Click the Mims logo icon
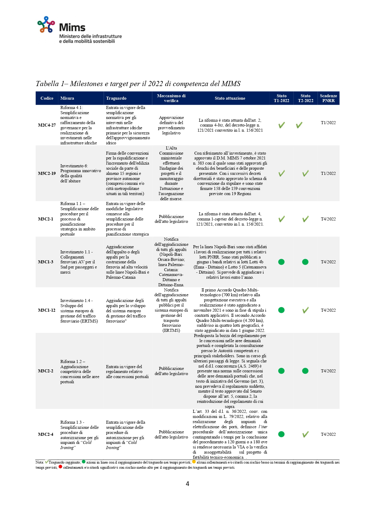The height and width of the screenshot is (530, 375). point(46,24)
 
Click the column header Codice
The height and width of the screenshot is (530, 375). point(47,98)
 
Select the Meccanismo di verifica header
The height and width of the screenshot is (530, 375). point(171,98)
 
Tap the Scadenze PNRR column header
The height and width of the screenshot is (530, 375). point(328,98)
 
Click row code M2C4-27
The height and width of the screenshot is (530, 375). point(47,125)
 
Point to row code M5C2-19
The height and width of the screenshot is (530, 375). point(47,173)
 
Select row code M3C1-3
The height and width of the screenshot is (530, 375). point(46,262)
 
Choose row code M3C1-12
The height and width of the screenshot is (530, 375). point(47,310)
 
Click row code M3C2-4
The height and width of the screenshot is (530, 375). point(46,434)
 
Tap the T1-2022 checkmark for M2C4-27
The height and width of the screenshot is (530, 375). point(281,125)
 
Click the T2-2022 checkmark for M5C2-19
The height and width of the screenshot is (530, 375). point(305,173)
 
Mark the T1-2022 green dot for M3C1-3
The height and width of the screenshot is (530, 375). point(281,262)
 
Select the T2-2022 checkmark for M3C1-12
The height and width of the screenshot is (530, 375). point(305,310)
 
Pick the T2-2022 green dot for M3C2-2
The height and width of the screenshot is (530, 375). point(305,371)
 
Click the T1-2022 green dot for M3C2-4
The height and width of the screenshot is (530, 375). point(281,434)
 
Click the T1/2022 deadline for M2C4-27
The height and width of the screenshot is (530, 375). point(328,123)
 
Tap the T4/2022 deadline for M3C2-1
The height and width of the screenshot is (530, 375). point(328,219)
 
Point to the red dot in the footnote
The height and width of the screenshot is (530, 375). point(60,467)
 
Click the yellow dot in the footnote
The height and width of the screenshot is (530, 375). point(194,462)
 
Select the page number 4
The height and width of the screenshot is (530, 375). point(187,484)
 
